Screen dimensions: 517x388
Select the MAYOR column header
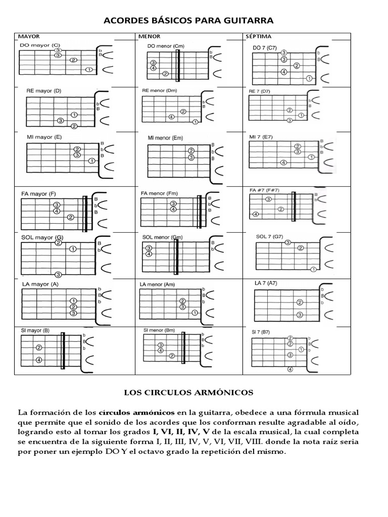(29, 37)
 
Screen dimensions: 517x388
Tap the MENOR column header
(149, 37)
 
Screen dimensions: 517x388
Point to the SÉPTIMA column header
(258, 37)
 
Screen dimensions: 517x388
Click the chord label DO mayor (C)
(40, 45)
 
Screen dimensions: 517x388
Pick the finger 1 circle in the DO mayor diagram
(89, 70)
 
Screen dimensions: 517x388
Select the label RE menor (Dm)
(160, 91)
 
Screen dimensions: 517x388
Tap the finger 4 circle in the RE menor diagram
(171, 117)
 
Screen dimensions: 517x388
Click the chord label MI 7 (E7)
(261, 137)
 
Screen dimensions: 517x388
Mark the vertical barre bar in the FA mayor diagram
(85, 213)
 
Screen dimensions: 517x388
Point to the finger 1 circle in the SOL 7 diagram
(313, 270)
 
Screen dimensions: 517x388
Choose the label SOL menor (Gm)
(162, 237)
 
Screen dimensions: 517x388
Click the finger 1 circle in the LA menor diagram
(194, 313)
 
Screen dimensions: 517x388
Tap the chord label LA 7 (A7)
(266, 284)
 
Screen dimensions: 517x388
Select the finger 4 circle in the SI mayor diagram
(39, 360)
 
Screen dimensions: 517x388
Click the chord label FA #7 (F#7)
(264, 190)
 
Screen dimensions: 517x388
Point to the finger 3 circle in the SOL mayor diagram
(58, 275)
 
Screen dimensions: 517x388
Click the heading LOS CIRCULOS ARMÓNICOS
(189, 392)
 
